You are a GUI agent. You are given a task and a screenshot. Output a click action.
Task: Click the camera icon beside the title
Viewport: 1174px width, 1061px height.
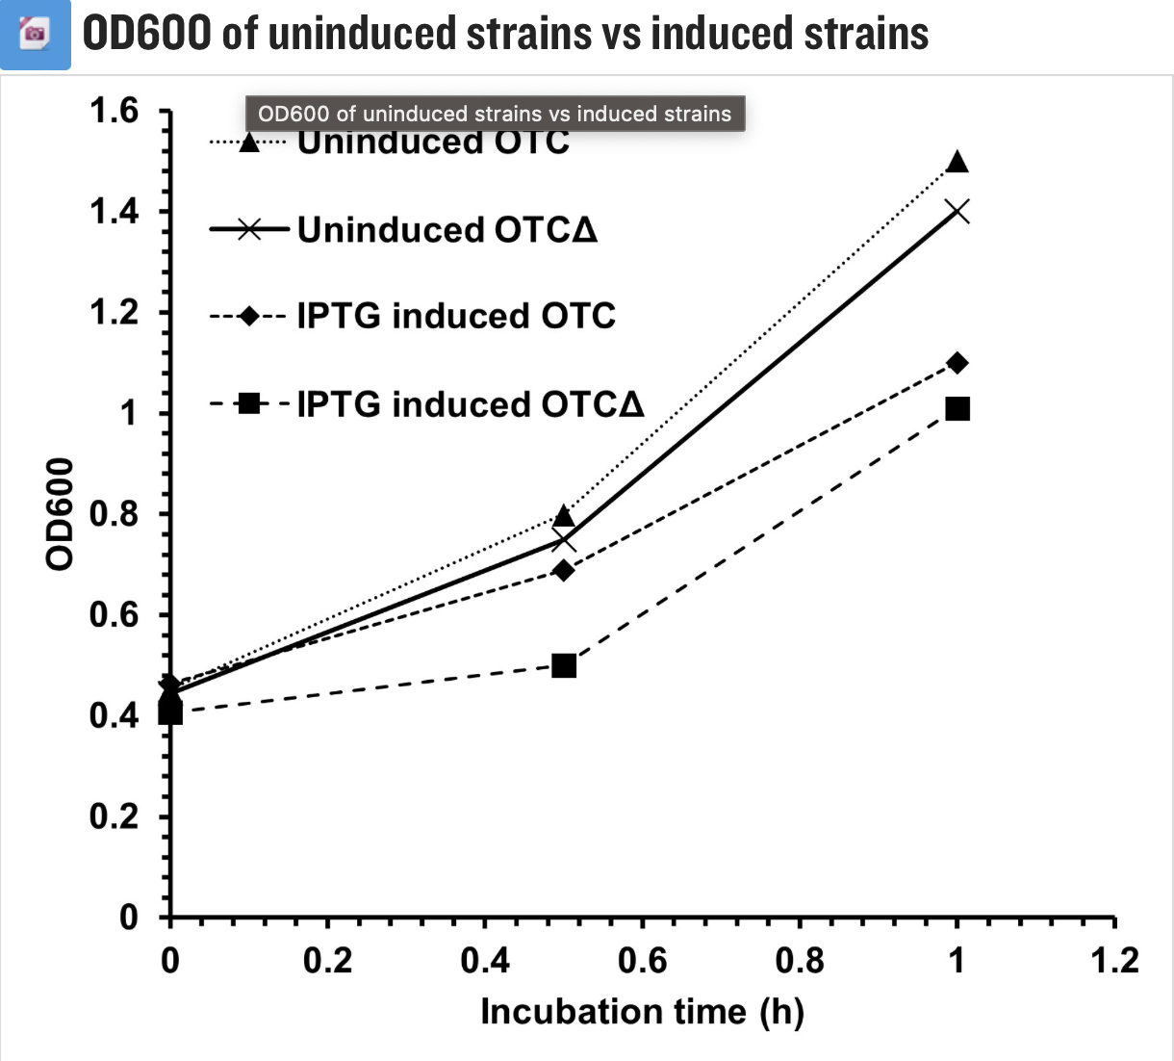35,35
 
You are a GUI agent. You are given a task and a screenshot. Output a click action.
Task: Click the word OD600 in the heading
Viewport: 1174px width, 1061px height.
146,33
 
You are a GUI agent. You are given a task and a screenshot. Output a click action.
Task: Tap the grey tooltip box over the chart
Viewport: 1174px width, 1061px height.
495,114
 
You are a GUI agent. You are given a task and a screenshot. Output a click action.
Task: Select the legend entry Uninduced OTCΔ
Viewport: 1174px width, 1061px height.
447,230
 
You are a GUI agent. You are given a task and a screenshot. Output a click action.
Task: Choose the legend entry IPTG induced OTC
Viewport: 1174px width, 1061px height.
455,316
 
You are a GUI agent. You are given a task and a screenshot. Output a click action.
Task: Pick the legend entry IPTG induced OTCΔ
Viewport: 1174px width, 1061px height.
470,404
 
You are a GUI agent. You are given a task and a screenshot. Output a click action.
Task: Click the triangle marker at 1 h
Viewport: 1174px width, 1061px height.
957,162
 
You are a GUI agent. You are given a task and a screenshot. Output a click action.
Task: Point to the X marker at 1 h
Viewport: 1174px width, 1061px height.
957,212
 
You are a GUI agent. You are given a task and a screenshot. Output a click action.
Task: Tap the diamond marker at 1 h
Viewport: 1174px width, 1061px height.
957,363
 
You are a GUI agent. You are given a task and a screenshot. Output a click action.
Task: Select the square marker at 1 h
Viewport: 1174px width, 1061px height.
957,409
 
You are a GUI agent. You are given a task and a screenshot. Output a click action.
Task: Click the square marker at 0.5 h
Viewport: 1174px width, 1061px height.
564,665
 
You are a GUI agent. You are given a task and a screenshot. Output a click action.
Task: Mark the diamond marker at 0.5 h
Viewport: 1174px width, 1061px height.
564,571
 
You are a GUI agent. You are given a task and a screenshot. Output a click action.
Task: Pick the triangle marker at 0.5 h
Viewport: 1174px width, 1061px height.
564,516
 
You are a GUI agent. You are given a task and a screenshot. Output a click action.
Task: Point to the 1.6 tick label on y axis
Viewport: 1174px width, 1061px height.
115,112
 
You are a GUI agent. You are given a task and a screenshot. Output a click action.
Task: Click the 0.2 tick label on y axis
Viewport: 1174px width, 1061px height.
115,816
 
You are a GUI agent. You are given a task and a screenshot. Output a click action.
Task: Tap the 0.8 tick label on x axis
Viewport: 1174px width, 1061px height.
800,961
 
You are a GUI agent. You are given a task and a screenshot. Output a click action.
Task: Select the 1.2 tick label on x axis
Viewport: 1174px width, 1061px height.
1114,961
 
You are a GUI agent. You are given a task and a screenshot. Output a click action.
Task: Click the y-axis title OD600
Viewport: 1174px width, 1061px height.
60,513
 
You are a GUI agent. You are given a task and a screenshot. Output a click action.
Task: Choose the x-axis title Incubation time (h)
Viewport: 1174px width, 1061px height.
642,1012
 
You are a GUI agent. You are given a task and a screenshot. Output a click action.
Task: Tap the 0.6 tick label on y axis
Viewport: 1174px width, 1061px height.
115,615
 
